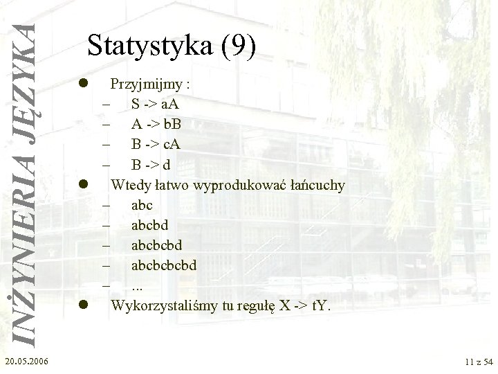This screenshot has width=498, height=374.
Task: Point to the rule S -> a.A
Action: coord(155,106)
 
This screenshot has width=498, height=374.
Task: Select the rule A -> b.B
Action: coord(155,125)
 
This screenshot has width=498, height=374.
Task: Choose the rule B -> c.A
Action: coord(155,145)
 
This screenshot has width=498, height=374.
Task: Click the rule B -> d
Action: coord(150,166)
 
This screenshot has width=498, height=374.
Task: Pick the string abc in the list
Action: coord(141,205)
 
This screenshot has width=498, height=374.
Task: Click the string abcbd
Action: coord(150,225)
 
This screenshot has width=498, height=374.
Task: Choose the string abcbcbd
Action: coord(159,244)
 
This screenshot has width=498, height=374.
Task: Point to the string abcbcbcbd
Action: coord(168,265)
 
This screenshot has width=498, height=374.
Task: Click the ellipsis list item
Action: coord(137,285)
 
